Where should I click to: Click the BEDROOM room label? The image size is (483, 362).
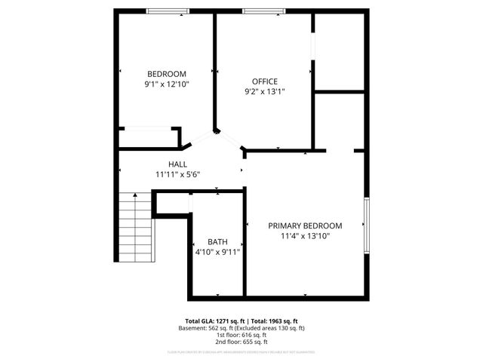(167, 73)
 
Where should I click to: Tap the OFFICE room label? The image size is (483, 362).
(265, 81)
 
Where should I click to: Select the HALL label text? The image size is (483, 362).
(178, 164)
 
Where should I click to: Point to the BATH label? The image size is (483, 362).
(217, 242)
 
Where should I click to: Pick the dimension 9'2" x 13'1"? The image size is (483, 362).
(265, 92)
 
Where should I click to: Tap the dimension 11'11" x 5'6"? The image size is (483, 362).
(178, 174)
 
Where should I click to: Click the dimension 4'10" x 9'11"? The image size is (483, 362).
(217, 253)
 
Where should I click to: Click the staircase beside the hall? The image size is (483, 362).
(134, 227)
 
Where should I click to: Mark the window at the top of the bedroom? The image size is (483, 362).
(168, 11)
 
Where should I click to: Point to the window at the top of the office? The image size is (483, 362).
(264, 11)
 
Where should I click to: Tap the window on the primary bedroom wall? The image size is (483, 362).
(366, 225)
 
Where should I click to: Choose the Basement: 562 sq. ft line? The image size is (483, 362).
(241, 328)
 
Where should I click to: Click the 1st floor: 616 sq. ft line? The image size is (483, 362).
(241, 335)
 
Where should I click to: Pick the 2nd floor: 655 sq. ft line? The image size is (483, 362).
(241, 342)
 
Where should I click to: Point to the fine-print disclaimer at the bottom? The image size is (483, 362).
(241, 351)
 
